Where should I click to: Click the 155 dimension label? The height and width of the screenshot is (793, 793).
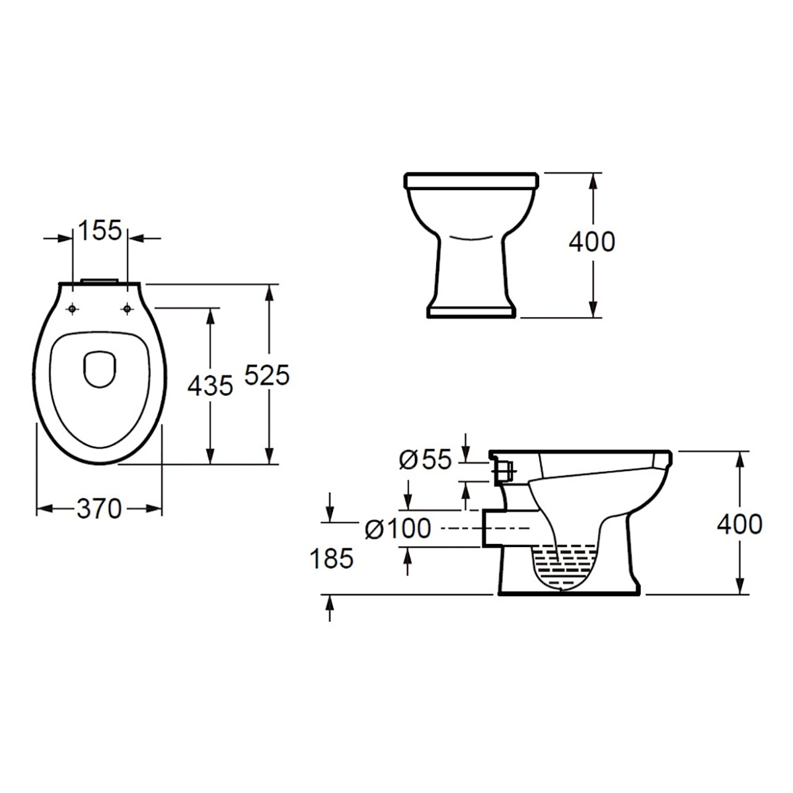pos(100,231)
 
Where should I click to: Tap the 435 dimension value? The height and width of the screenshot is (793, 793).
pos(210,385)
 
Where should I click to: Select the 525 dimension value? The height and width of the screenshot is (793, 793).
pos(267,375)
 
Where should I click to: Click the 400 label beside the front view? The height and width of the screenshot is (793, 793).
pos(591,243)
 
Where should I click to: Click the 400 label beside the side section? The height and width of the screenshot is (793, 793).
pos(739,524)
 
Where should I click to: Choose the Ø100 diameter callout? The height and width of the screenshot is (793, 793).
pos(398,528)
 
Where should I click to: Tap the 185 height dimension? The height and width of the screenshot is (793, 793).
pos(332,559)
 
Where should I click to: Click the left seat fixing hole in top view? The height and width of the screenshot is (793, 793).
pos(72,307)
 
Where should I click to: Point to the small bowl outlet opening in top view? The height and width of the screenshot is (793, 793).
pos(99,367)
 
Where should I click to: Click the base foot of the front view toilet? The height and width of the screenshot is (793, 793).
pos(470,312)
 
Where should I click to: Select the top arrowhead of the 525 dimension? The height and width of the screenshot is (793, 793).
pos(269,291)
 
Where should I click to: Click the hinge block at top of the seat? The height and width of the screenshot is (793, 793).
pos(99,282)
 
